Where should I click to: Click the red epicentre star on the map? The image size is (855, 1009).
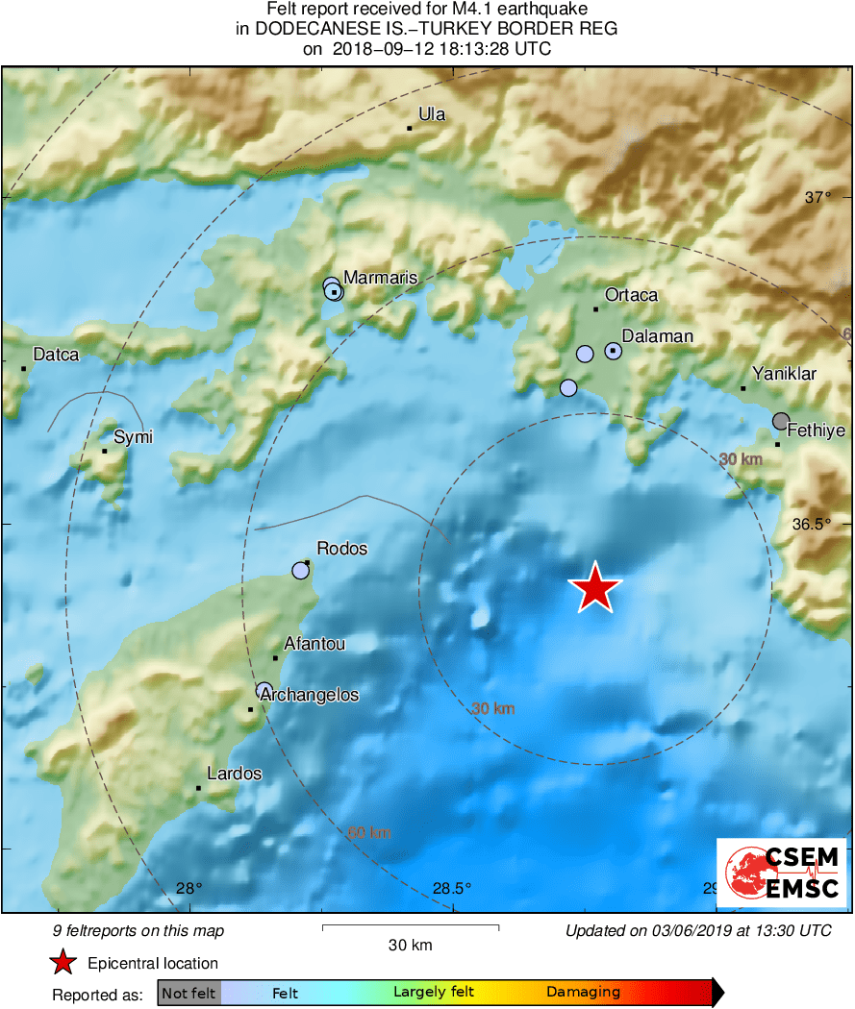(595, 588)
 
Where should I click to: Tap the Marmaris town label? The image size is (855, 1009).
(381, 278)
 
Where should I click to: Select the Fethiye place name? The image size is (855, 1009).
(817, 431)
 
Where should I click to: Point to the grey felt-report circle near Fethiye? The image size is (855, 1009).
(781, 421)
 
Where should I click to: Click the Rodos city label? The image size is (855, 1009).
(342, 549)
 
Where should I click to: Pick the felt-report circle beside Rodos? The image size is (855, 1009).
(301, 571)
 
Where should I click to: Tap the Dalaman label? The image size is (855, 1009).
(657, 336)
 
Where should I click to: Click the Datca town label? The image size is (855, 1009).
(56, 355)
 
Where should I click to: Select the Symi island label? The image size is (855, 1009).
(134, 437)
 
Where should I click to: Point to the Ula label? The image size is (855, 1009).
(432, 114)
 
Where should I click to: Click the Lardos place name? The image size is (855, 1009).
(235, 774)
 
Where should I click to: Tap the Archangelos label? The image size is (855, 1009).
(310, 695)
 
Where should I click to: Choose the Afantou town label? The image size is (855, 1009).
(314, 644)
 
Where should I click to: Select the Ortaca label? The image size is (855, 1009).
(631, 295)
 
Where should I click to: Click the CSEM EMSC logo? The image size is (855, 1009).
(781, 873)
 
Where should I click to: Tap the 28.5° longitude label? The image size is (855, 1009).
(452, 889)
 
